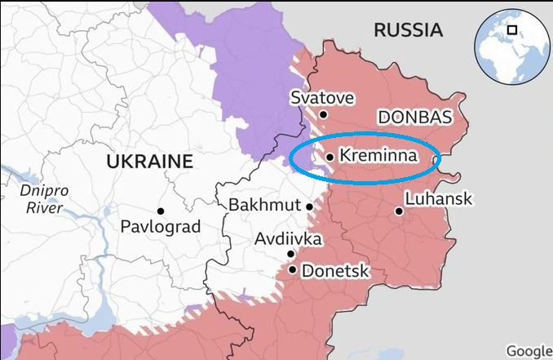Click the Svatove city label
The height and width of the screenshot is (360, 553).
(x=322, y=98)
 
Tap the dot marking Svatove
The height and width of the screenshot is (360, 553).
(x=324, y=115)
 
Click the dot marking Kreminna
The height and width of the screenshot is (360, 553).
(x=329, y=157)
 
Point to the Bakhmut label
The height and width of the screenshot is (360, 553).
(x=265, y=205)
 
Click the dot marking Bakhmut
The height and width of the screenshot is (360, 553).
(x=310, y=207)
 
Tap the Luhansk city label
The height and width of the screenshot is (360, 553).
(x=438, y=199)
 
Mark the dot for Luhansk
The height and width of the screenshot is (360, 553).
(x=399, y=211)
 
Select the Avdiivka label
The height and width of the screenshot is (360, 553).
(x=288, y=239)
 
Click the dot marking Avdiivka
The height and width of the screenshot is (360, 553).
(x=290, y=254)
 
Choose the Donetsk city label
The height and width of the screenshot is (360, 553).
(x=335, y=271)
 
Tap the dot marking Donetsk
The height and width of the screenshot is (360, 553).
(x=293, y=269)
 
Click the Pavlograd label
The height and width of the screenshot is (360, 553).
(x=160, y=227)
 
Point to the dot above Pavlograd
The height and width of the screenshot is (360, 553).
(x=161, y=211)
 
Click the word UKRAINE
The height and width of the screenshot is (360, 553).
(x=149, y=162)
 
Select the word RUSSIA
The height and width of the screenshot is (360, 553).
(x=408, y=31)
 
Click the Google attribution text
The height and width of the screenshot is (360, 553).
(x=529, y=351)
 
